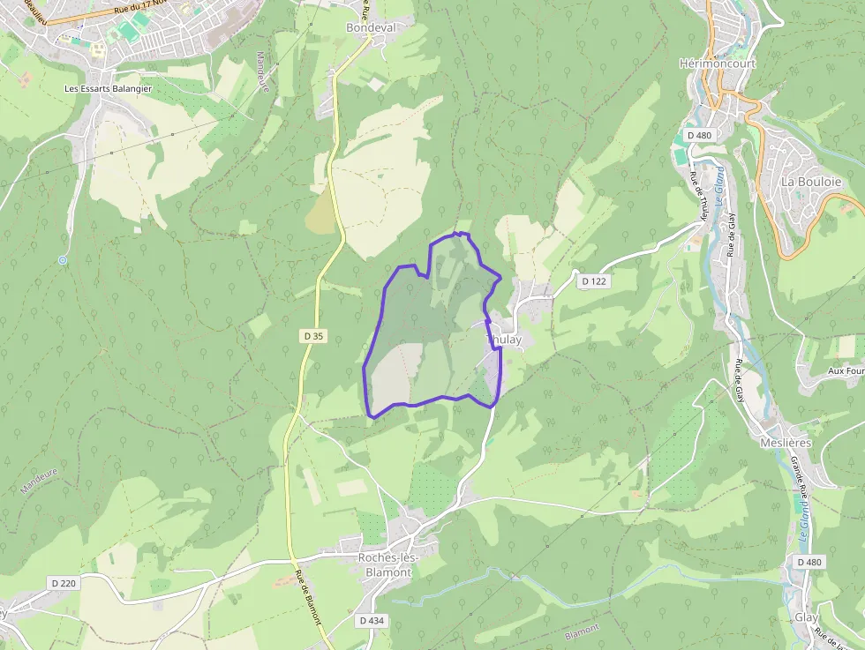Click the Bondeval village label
(x=371, y=28)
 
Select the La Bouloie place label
(x=809, y=183)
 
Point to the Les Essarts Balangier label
(x=108, y=89)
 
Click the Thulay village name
(x=505, y=340)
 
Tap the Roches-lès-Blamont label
(x=385, y=564)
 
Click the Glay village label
(x=807, y=618)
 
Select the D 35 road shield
(x=313, y=336)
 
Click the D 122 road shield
(x=595, y=281)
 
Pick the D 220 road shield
(x=64, y=583)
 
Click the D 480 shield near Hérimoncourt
(x=698, y=135)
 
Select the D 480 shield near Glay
(x=809, y=563)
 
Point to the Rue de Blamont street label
(x=308, y=597)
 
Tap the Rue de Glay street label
(x=732, y=235)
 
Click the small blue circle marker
(x=62, y=260)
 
